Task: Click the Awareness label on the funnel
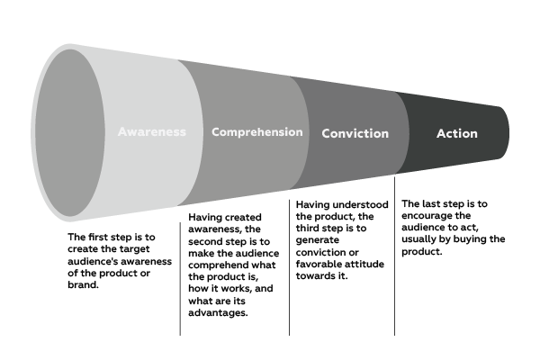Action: [151, 131]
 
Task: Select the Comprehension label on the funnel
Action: [257, 132]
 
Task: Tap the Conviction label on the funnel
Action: [355, 133]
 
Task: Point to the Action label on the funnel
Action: [456, 133]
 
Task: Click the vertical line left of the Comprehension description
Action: [180, 270]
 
